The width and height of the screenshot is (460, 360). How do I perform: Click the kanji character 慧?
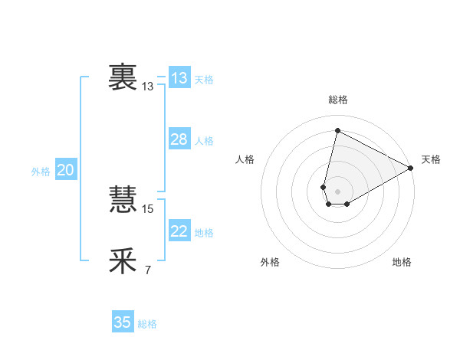click(123, 200)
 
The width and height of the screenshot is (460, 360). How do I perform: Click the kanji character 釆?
click(123, 261)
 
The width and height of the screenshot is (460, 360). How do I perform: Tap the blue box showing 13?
click(179, 78)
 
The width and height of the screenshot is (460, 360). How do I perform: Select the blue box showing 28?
click(179, 139)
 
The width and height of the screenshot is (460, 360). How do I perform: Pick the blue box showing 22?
click(179, 231)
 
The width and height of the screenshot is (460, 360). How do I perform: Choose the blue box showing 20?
click(65, 170)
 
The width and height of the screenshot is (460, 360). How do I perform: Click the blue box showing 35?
click(123, 322)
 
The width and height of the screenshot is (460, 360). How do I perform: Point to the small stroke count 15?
click(148, 208)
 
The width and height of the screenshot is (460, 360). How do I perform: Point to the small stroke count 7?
click(147, 270)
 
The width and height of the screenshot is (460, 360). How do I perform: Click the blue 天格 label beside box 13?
click(204, 80)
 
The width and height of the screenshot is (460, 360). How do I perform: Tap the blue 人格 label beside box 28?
click(204, 141)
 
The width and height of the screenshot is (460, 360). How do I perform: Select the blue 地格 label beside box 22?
click(204, 233)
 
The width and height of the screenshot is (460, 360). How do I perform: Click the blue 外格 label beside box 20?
click(41, 172)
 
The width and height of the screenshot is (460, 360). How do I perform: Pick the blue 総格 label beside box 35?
click(147, 324)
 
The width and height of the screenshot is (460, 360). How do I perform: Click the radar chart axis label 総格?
click(337, 100)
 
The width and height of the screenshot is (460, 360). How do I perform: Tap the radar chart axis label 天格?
click(431, 159)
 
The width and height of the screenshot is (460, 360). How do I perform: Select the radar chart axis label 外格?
click(270, 262)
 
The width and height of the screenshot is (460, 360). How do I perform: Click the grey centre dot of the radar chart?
click(337, 191)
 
